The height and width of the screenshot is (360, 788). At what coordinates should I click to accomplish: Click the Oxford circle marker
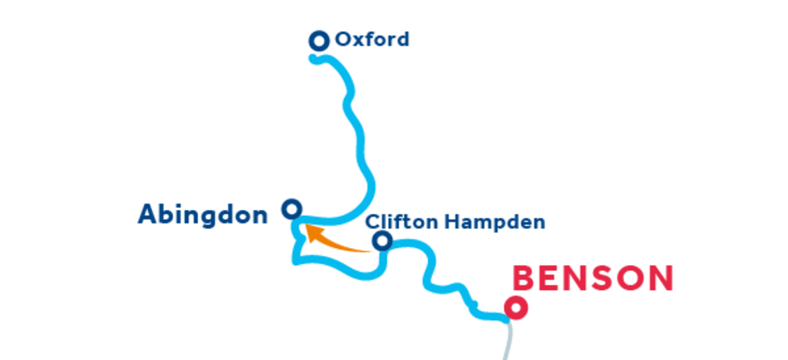(319, 41)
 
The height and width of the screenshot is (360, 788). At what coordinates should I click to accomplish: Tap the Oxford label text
(372, 39)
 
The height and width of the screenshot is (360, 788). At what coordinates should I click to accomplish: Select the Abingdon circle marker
(292, 209)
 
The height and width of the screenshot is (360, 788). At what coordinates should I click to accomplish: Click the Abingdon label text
(202, 215)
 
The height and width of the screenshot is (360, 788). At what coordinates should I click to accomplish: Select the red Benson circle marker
(517, 308)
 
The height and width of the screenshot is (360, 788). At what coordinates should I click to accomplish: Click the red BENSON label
(592, 278)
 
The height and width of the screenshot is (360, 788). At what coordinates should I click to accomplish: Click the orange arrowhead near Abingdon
(312, 232)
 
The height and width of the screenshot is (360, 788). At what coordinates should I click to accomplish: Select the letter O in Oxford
(344, 39)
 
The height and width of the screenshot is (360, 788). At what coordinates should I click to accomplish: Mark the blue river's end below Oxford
(314, 58)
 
